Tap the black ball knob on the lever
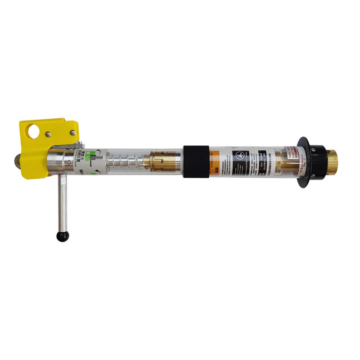pyautogui.click(x=60, y=236)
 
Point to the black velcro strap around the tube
pyautogui.click(x=196, y=161)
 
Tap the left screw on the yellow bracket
pyautogui.click(x=48, y=133)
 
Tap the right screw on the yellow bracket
pyautogui.click(x=72, y=132)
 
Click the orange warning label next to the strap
pyautogui.click(x=215, y=161)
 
